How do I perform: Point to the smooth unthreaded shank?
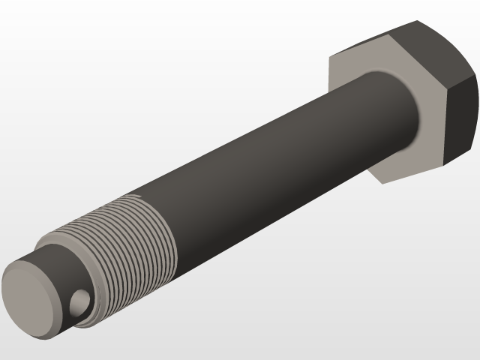coord(285,150)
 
